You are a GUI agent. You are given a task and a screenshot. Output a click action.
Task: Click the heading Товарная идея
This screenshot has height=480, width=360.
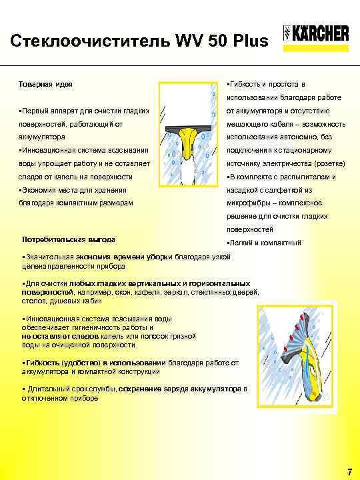(x=46, y=85)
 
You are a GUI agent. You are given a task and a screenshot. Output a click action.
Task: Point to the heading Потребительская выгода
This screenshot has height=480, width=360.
(x=69, y=239)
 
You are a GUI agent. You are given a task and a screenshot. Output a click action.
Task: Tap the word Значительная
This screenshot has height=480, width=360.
(x=49, y=257)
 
